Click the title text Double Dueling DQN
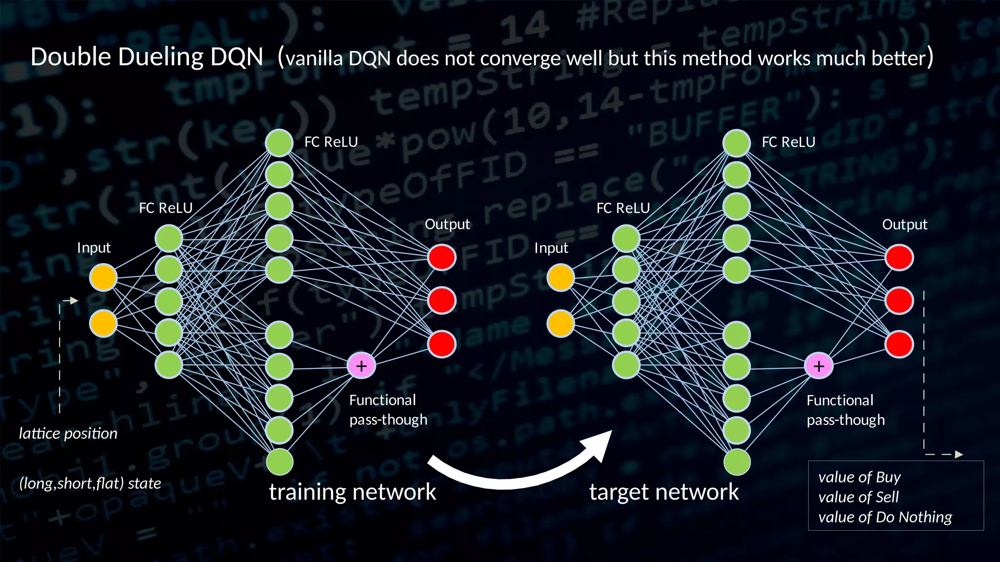[x=146, y=57]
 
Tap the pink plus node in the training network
[x=361, y=366]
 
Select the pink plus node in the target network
[x=819, y=366]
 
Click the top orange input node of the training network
[x=103, y=278]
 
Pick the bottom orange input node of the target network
[x=561, y=323]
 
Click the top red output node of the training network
[x=442, y=257]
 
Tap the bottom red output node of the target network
[x=899, y=344]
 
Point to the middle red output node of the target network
[x=899, y=301]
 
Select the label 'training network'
[x=352, y=492]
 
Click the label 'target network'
[x=664, y=492]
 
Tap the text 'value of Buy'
[x=859, y=477]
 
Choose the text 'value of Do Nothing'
[x=885, y=517]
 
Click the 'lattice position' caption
[x=68, y=433]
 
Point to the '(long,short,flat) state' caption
[x=90, y=483]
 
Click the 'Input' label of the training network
[x=94, y=248]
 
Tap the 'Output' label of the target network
[x=904, y=224]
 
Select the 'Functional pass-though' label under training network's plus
[x=388, y=410]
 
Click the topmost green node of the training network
[x=279, y=143]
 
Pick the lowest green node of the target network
[x=736, y=462]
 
